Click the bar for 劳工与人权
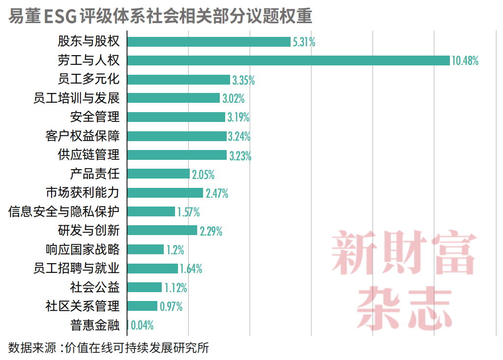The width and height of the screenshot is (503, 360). point(289,60)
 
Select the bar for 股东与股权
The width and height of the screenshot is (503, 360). point(209,42)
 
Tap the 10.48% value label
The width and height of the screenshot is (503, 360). point(465,60)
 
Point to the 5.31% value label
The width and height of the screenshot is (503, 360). point(304,42)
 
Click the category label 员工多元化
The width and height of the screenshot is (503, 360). point(89,79)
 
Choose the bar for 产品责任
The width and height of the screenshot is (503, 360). point(158,174)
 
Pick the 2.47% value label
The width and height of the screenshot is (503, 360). point(217,193)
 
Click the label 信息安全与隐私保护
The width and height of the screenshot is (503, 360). point(64,211)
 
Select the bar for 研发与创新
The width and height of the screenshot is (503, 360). point(162,230)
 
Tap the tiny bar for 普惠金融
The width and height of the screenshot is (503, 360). point(128,325)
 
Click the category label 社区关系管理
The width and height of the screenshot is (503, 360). point(83,306)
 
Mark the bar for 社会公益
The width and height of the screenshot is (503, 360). point(145,287)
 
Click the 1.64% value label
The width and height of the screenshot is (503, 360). point(191,269)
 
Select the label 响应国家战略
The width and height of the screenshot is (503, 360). point(83,249)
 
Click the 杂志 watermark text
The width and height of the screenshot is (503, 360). point(404,308)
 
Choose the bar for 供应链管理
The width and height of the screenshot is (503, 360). point(177,155)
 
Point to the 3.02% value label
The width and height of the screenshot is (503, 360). point(234,98)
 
